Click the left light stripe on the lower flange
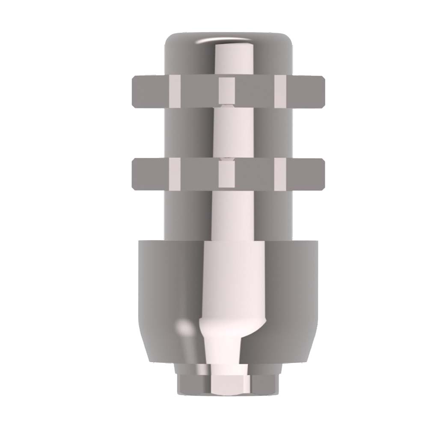click(x=175, y=174)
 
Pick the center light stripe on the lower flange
click(x=227, y=174)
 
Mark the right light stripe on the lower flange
click(x=280, y=174)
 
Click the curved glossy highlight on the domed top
click(x=205, y=41)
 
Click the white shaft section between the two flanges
click(x=227, y=133)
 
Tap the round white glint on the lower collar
click(x=185, y=328)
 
